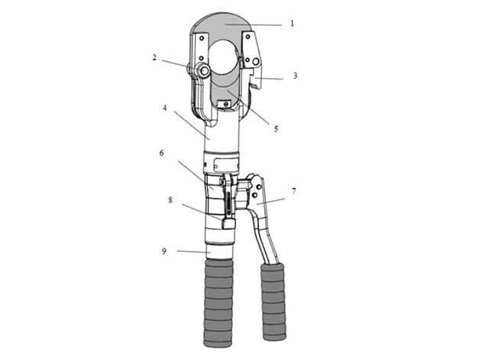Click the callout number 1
292,24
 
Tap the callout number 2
154,57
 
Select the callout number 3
295,76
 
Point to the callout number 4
165,108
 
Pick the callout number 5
276,129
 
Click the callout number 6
161,153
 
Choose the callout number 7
293,191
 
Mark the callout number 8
170,199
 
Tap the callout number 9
164,251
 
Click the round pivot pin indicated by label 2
205,71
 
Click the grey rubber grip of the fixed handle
219,303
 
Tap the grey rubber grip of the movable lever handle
274,302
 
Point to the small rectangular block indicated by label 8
228,224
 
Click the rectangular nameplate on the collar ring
226,164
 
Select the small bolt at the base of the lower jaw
226,104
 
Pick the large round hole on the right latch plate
256,61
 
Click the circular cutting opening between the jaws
223,57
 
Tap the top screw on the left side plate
202,38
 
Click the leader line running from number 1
254,24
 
